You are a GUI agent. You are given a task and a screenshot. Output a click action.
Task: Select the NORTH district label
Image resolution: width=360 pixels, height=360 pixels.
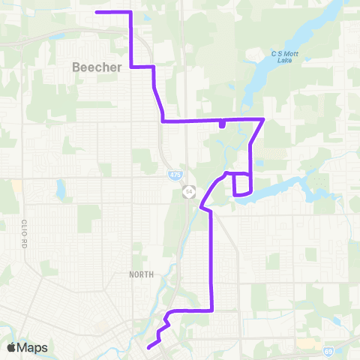click(140, 274)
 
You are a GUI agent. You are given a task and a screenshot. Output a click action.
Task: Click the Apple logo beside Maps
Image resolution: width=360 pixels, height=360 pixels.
click(11, 347)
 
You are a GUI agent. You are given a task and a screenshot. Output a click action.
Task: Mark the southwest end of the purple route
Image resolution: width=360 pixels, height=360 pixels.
click(148, 346)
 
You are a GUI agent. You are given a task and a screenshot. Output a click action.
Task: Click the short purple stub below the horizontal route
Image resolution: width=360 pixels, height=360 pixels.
click(221, 124)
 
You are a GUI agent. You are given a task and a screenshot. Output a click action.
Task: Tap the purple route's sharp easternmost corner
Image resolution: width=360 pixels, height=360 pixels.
click(263, 119)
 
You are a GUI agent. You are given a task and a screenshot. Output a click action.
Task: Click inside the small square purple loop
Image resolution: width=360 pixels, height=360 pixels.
click(241, 184)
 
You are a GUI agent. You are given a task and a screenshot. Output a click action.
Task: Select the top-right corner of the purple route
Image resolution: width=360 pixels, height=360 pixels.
click(131, 12)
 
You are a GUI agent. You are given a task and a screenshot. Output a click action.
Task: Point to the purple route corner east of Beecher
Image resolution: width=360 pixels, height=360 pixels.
click(154, 67)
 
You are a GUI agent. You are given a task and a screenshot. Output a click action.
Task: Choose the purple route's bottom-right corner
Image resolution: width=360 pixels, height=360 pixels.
click(212, 310)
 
